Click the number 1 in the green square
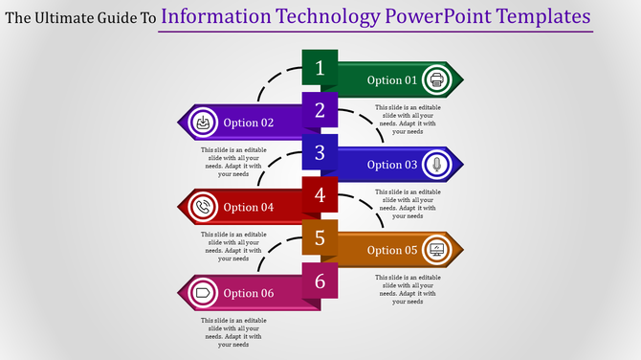pos(320,68)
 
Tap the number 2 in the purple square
pos(320,110)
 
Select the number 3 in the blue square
pos(320,152)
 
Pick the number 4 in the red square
pos(320,195)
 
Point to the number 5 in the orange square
pos(320,237)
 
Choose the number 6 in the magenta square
pos(320,281)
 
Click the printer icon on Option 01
pos(437,79)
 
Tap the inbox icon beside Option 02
pos(203,123)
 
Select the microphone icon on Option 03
pos(437,165)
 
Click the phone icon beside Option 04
pos(203,207)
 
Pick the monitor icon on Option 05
pos(437,250)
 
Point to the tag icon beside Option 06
pos(203,292)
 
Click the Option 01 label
pos(392,80)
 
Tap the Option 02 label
pos(249,123)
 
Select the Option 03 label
pos(392,165)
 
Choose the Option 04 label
pos(249,208)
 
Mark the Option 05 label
pos(392,250)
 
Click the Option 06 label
pos(249,293)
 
